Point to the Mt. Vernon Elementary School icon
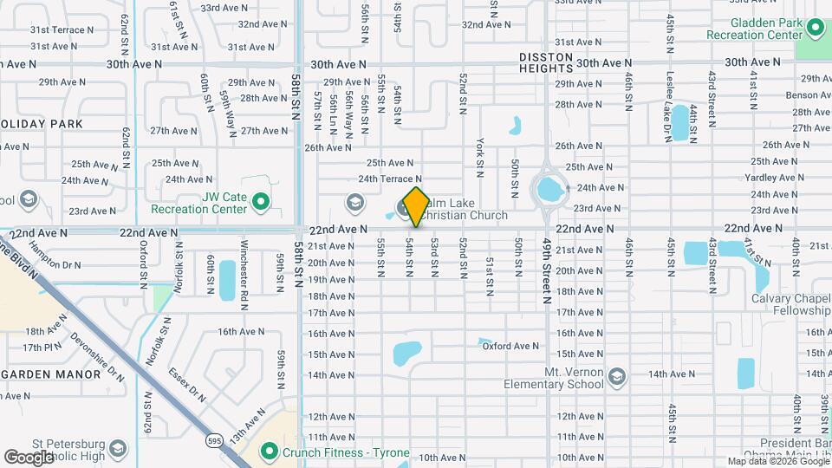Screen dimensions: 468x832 click(x=616, y=376)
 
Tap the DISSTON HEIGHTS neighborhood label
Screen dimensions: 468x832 click(x=546, y=63)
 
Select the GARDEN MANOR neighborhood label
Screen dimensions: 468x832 click(x=55, y=373)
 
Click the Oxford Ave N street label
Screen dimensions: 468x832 click(x=511, y=346)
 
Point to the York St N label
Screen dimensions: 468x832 click(x=479, y=153)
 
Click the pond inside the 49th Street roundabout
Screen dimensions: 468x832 click(x=549, y=188)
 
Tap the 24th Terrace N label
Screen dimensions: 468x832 click(x=390, y=179)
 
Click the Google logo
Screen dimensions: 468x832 click(x=29, y=457)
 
